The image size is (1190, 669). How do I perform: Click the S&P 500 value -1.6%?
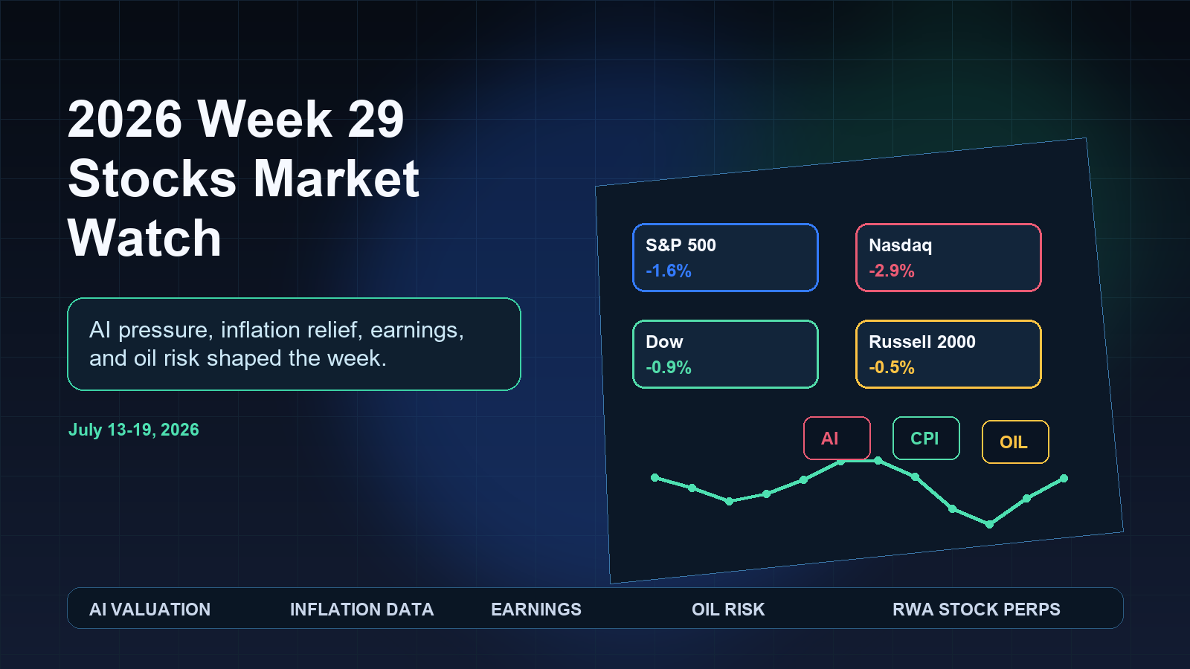(669, 271)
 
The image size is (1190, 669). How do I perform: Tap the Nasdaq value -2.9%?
(892, 271)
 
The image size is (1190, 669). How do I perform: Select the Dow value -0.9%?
(669, 367)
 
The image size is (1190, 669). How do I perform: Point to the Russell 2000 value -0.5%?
(892, 367)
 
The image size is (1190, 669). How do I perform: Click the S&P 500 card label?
(681, 245)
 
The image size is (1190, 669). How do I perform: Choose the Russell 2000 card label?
(922, 342)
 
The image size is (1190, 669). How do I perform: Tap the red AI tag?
(837, 438)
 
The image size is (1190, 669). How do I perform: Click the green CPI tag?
(926, 438)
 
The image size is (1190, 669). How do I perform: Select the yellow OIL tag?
(1015, 442)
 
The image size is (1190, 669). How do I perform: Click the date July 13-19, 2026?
(134, 430)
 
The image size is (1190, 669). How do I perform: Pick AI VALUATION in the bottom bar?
(149, 609)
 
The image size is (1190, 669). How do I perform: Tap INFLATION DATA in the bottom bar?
(361, 609)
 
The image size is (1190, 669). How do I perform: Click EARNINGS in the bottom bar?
(536, 609)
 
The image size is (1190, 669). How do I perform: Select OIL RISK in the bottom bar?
(728, 609)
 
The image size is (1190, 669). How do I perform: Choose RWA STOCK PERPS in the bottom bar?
(977, 609)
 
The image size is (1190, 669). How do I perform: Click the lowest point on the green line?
(989, 525)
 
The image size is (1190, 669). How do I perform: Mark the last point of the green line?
(1064, 479)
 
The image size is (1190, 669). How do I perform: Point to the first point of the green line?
(654, 477)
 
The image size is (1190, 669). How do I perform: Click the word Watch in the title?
(144, 238)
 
